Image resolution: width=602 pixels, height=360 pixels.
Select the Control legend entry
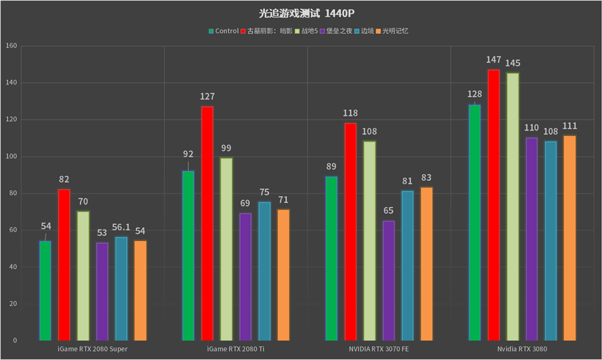(x=224, y=30)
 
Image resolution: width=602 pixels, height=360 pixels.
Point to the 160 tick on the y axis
(x=10, y=46)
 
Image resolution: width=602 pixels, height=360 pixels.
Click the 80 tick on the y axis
(x=12, y=194)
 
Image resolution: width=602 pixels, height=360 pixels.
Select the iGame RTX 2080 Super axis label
(x=93, y=349)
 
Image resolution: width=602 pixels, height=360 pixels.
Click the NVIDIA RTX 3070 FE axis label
(x=379, y=349)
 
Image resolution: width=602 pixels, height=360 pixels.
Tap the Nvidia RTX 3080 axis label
(x=522, y=349)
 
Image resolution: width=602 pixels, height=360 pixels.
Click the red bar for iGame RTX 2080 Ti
(x=207, y=223)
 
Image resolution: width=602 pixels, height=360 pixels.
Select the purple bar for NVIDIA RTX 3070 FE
(x=388, y=280)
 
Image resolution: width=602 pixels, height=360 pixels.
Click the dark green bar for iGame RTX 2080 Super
(x=45, y=290)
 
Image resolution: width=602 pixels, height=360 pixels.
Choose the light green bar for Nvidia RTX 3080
(x=513, y=206)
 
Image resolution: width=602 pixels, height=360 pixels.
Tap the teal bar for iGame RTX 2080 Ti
(x=264, y=271)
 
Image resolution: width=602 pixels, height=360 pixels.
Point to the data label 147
(x=494, y=60)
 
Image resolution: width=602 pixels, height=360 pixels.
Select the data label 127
(x=207, y=97)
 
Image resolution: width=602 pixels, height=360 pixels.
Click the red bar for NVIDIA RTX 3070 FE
(x=350, y=231)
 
